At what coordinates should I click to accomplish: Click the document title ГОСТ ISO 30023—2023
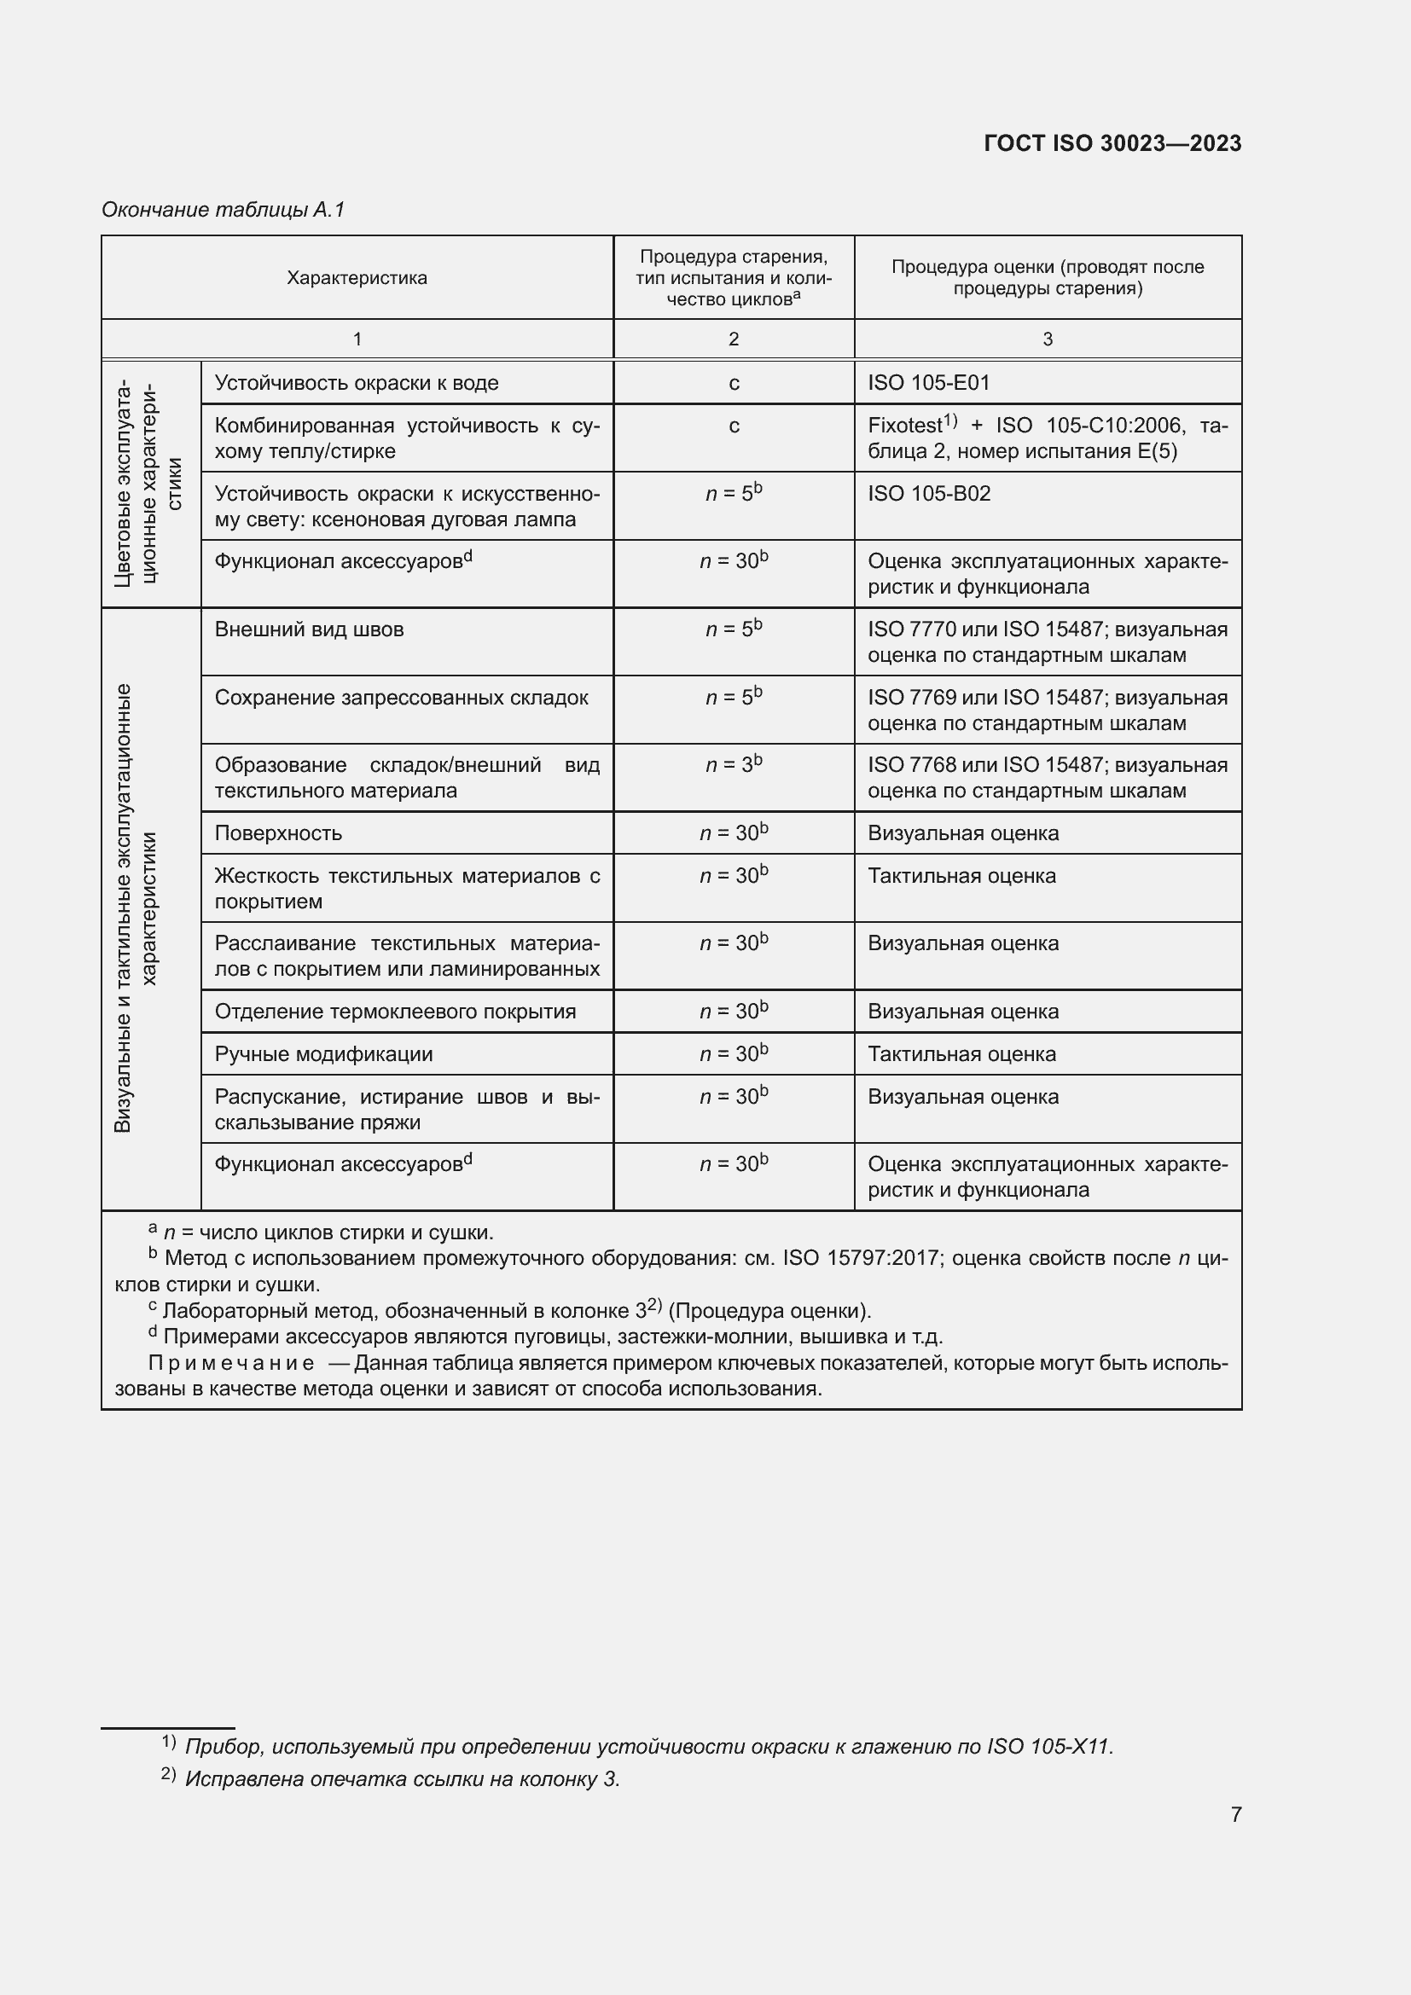(1112, 143)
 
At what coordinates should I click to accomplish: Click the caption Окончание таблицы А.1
(224, 210)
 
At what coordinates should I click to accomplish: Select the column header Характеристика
(357, 278)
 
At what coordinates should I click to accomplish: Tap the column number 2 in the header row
(734, 339)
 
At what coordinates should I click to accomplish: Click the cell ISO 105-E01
(928, 383)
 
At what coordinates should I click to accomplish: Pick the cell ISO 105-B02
(928, 494)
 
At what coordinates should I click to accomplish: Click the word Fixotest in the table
(904, 426)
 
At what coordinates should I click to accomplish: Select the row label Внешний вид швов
(309, 629)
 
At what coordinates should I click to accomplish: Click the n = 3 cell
(734, 765)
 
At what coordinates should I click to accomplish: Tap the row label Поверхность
(278, 833)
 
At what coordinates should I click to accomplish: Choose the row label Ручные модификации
(323, 1054)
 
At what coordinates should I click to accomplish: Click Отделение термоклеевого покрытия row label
(394, 1012)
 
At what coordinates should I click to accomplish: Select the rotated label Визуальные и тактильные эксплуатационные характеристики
(136, 908)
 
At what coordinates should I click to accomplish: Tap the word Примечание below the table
(231, 1362)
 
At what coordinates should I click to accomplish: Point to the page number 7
(1235, 1815)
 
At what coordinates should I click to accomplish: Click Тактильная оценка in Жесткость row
(961, 876)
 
